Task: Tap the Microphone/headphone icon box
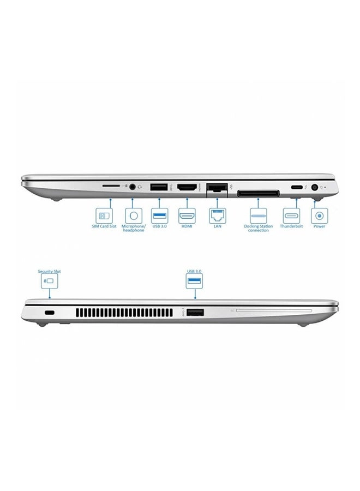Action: [x=133, y=214]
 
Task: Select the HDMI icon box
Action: [x=187, y=214]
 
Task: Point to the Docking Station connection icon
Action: [x=257, y=214]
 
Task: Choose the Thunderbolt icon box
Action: [x=291, y=214]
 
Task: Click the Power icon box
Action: [x=319, y=214]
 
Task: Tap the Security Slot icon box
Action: [x=49, y=282]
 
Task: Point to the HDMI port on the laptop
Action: [x=187, y=187]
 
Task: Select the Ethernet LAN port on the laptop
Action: [x=217, y=188]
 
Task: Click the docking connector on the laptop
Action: [x=257, y=193]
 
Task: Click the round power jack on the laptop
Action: [x=315, y=187]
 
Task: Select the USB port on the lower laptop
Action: [x=195, y=313]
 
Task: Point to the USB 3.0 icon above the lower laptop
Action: [x=195, y=282]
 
